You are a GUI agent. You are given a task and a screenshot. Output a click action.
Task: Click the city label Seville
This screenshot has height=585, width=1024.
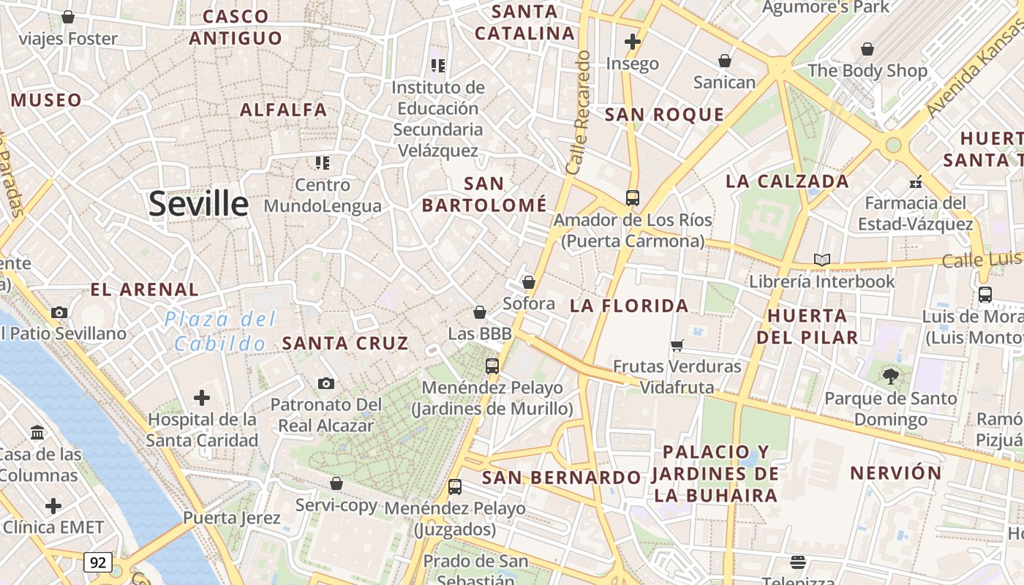click(x=198, y=203)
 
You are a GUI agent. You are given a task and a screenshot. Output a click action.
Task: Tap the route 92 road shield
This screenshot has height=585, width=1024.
click(x=98, y=562)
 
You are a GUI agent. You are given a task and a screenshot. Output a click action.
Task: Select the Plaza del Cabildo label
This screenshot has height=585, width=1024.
click(x=220, y=331)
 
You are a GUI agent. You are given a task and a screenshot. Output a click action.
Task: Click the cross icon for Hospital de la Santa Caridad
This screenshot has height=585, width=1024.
click(x=202, y=398)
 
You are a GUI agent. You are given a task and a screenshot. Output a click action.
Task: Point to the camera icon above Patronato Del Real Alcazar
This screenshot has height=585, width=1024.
click(x=326, y=383)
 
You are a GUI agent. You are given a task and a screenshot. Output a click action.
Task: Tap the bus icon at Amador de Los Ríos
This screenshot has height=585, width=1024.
click(x=633, y=197)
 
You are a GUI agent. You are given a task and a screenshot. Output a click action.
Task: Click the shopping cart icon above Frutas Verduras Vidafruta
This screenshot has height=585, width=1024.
click(x=677, y=345)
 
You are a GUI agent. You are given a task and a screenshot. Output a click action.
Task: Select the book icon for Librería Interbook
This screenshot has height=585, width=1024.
click(x=822, y=260)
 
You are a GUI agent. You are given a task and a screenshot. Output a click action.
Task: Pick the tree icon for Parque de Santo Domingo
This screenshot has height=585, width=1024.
click(x=890, y=377)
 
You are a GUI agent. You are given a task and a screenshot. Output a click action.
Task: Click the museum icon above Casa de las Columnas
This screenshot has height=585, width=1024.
click(x=38, y=432)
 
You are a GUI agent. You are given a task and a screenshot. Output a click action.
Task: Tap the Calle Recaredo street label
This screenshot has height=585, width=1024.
click(x=579, y=113)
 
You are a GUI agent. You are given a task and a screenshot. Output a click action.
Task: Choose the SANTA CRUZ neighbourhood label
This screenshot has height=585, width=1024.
click(x=345, y=343)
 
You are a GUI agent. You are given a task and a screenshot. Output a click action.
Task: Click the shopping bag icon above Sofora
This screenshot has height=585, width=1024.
click(x=529, y=282)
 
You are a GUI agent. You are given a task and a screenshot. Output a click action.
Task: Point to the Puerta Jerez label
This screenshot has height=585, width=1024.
click(x=231, y=518)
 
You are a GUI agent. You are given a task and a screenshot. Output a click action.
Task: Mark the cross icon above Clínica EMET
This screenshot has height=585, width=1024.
click(x=53, y=505)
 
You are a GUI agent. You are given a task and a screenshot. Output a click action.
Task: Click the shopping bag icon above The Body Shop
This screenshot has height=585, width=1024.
click(x=867, y=49)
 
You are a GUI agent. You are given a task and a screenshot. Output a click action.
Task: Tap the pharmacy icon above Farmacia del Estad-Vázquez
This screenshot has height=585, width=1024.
click(x=915, y=181)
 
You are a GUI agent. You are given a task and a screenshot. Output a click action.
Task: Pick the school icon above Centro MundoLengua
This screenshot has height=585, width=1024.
click(x=323, y=162)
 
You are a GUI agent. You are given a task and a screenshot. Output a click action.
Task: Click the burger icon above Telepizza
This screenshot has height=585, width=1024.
click(x=798, y=562)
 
